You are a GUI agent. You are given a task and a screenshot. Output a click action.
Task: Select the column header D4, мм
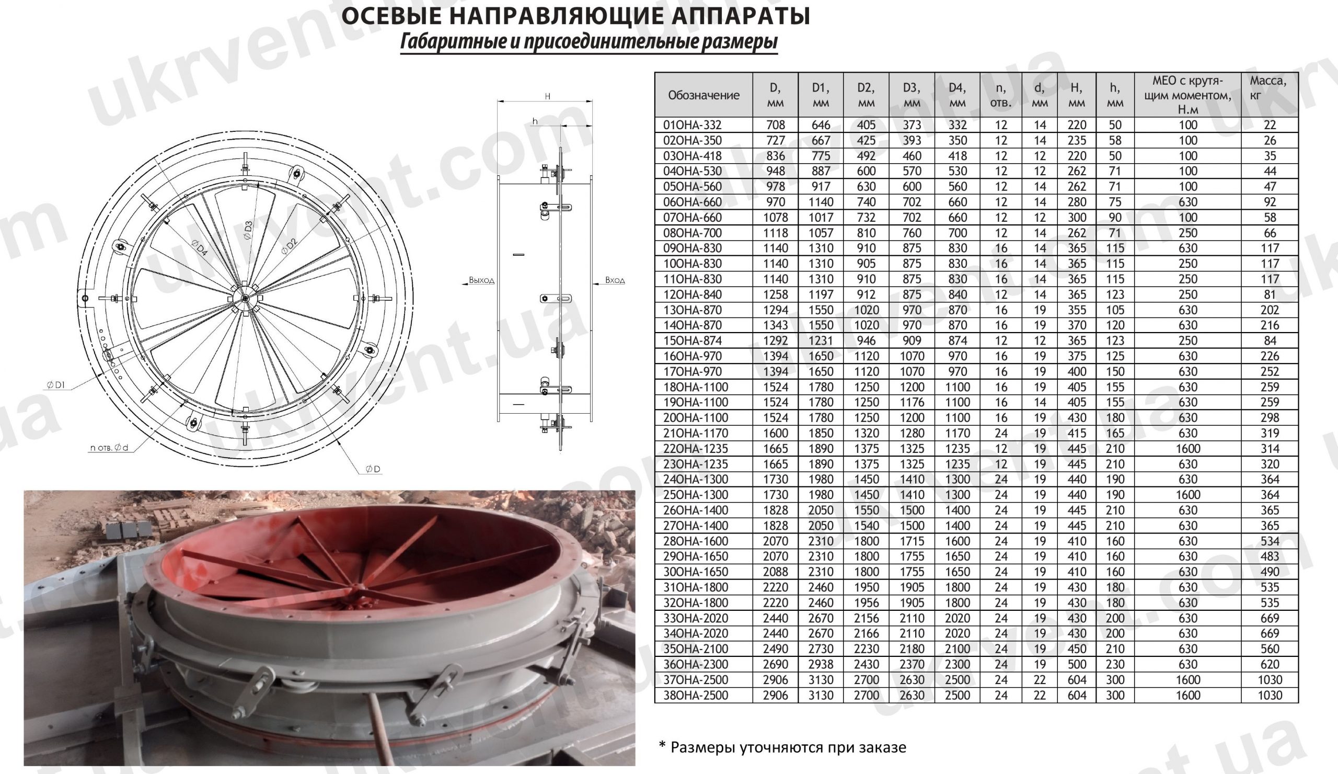957,95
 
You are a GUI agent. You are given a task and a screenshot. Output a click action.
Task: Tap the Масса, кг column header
1268,88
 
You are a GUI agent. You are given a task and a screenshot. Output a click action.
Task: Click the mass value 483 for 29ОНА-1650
1270,557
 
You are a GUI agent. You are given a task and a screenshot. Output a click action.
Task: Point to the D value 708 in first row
775,126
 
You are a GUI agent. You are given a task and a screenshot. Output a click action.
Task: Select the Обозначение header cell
703,95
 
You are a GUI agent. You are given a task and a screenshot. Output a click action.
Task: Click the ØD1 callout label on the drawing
56,384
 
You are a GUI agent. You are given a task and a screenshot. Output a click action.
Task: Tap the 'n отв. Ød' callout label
109,447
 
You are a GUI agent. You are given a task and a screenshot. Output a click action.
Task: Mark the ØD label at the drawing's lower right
373,469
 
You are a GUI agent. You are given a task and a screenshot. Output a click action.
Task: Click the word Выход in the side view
481,280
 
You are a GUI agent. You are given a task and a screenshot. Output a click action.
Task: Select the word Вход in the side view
615,280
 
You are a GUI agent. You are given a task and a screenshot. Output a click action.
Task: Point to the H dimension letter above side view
547,96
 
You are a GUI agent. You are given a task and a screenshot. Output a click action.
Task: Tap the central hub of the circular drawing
244,299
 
